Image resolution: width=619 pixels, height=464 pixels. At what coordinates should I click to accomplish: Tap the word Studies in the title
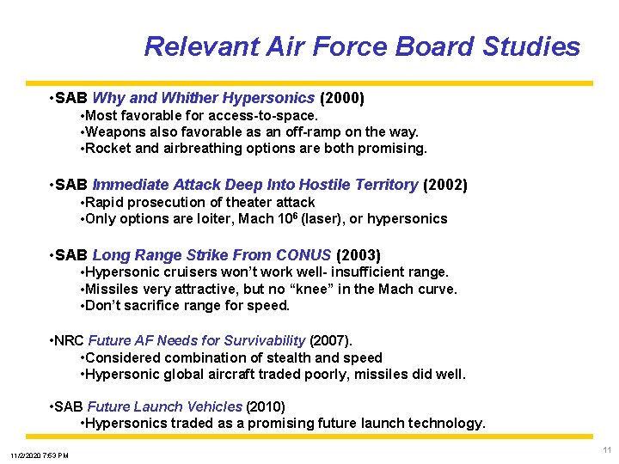point(532,46)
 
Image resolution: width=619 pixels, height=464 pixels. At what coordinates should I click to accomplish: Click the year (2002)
point(444,185)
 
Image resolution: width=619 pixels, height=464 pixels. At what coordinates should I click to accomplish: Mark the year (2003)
point(358,255)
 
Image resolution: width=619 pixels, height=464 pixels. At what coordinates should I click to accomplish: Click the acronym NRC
point(70,341)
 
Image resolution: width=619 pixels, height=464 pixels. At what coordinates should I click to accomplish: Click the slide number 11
point(607,450)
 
